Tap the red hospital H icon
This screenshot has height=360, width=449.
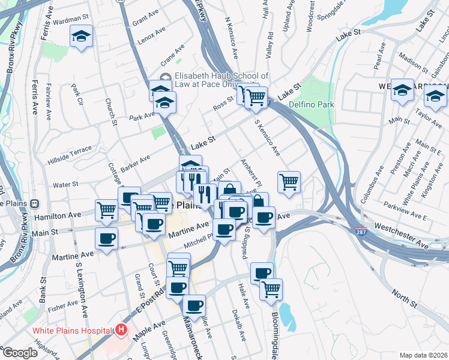122,329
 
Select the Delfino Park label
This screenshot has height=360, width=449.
310,104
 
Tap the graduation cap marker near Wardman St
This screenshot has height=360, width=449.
81,36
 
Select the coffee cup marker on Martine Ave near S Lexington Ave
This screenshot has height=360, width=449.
107,238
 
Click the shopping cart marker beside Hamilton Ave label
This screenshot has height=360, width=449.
106,209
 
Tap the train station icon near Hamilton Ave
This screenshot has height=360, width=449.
35,204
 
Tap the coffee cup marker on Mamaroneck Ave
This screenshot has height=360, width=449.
194,305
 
